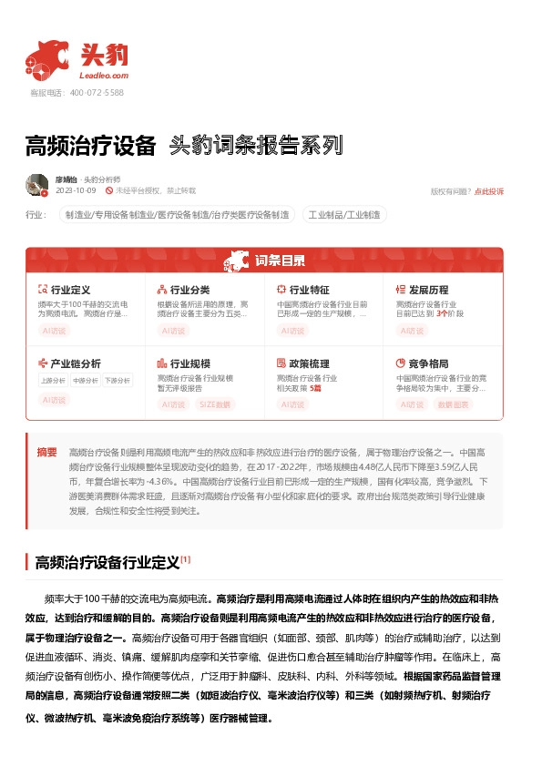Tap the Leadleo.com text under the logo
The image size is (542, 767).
pyautogui.click(x=105, y=76)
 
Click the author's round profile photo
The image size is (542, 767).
pyautogui.click(x=37, y=185)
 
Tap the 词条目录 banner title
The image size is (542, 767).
pyautogui.click(x=280, y=261)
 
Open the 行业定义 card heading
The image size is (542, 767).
pyautogui.click(x=70, y=289)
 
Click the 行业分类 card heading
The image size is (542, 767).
pyautogui.click(x=189, y=289)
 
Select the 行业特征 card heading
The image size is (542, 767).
pyautogui.click(x=309, y=289)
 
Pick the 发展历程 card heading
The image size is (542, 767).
pyautogui.click(x=429, y=289)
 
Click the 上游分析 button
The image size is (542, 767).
pyautogui.click(x=53, y=381)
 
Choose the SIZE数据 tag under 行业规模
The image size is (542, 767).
pyautogui.click(x=214, y=404)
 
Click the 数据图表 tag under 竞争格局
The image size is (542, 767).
pyautogui.click(x=454, y=404)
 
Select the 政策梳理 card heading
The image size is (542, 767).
pyautogui.click(x=309, y=363)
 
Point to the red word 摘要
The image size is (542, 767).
pyautogui.click(x=46, y=452)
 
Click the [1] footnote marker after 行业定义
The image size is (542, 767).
pyautogui.click(x=185, y=559)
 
